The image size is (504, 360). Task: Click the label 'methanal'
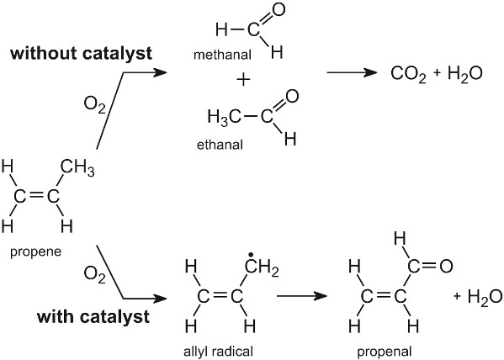coord(222,55)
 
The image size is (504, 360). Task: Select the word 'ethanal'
coord(220,145)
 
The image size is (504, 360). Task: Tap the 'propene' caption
coord(35,252)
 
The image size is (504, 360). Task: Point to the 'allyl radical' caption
coord(218,352)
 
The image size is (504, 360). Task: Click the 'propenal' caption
coord(385,352)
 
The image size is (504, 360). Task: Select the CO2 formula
coord(408,74)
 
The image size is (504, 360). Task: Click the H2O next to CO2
coord(464,74)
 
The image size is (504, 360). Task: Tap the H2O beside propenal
coord(485,297)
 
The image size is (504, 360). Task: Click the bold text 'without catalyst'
coord(81,53)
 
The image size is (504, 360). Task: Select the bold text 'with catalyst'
coord(93,317)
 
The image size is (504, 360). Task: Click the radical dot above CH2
coord(251,256)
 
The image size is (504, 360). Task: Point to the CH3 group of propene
coord(77,168)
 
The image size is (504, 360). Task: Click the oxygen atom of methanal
coord(278,9)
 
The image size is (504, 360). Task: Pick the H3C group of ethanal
coord(224,117)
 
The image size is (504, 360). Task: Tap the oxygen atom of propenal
coord(446,266)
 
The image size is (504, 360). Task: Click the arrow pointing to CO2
coord(352,72)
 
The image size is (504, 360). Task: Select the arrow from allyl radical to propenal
coord(302,296)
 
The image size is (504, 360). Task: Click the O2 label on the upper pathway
coord(94,105)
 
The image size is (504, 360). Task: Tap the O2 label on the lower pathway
coord(94,275)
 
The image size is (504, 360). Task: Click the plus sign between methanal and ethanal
coord(243,79)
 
